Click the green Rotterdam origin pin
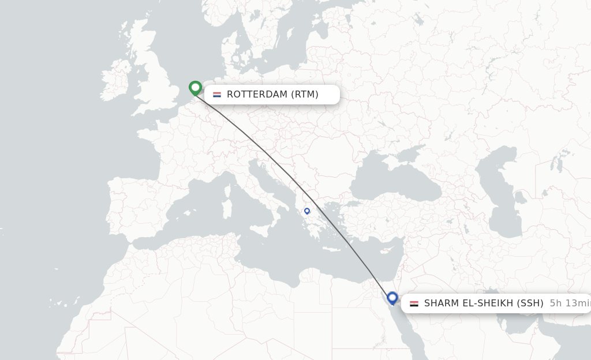coord(195,88)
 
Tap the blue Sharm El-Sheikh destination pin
coord(392,298)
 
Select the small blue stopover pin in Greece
coord(307,211)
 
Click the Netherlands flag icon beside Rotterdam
coord(217,95)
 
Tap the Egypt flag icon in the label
coord(414,303)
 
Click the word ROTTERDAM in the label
coord(257,95)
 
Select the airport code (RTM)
coord(304,95)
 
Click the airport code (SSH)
coord(529,303)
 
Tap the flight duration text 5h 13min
coord(569,303)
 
